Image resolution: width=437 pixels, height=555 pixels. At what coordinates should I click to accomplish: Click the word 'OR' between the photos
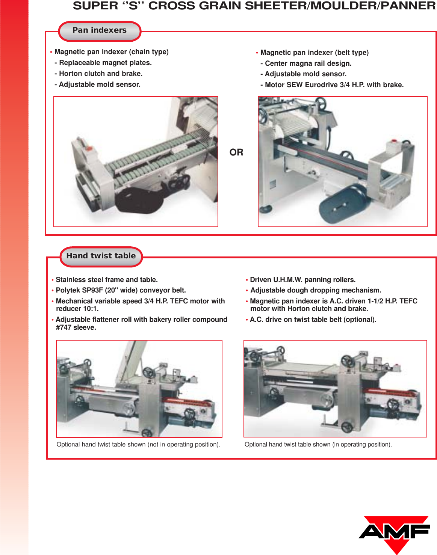click(236, 152)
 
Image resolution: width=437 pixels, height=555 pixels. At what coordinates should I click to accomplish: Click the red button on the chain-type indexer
click(89, 149)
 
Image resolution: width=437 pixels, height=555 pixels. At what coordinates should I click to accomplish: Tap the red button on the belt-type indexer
click(394, 141)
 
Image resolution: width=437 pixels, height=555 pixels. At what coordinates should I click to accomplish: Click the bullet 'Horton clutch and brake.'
click(100, 74)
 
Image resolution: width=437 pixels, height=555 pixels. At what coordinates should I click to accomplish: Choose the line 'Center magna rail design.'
click(308, 63)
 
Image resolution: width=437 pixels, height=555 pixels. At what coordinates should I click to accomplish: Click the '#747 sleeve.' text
click(76, 327)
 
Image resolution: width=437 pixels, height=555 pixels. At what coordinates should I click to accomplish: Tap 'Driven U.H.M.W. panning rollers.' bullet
click(302, 280)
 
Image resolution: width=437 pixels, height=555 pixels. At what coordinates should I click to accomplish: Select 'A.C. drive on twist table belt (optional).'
click(313, 320)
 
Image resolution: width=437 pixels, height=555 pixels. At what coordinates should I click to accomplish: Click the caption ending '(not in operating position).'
click(138, 445)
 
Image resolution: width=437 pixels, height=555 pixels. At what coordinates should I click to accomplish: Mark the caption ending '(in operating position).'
click(318, 445)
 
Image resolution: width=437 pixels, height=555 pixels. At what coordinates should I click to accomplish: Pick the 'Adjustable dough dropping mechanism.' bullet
click(315, 290)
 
